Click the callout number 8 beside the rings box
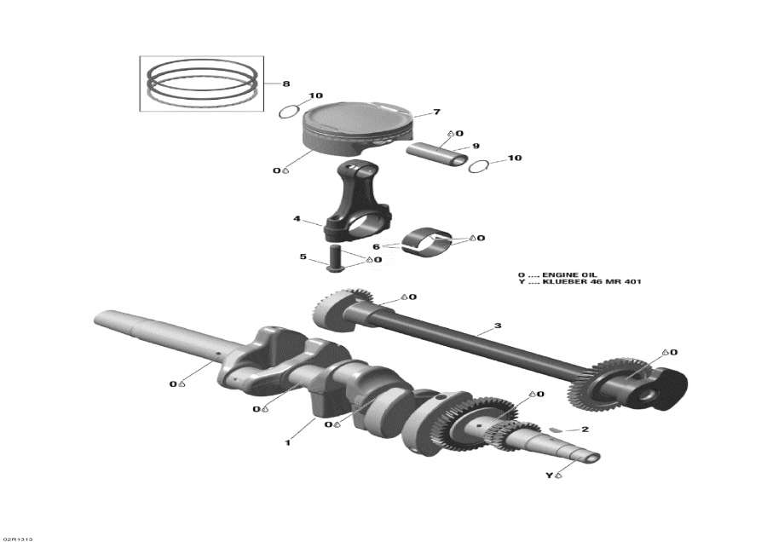tap(286, 84)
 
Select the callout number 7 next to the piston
tap(435, 112)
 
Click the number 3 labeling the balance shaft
tap(498, 326)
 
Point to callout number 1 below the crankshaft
tap(288, 443)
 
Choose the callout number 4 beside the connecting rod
tap(297, 219)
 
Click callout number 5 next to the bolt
tap(302, 256)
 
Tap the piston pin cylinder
tap(435, 154)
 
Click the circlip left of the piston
tap(289, 111)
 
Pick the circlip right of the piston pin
tap(480, 165)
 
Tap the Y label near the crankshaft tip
tap(549, 475)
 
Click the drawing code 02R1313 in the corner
tap(17, 538)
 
